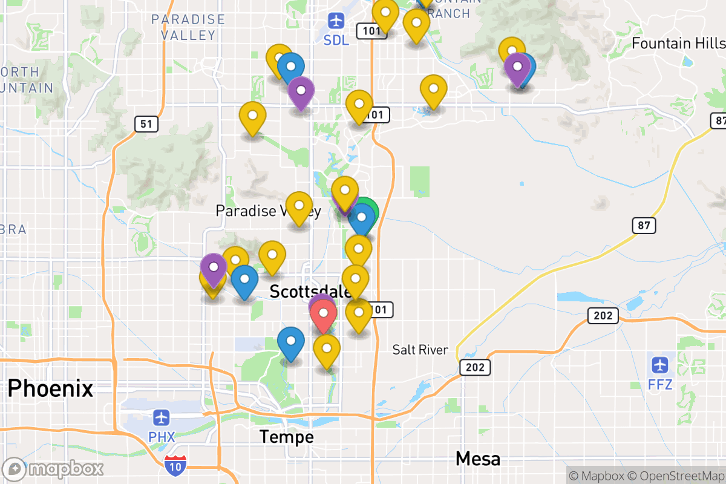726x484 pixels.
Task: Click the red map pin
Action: coord(324,315)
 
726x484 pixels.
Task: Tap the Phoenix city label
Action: coord(50,388)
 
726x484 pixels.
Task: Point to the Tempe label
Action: coord(286,436)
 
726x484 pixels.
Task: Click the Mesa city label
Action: coord(478,459)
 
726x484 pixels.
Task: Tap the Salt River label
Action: coord(420,350)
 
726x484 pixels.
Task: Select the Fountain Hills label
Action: coord(678,44)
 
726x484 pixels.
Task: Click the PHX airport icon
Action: coord(162,417)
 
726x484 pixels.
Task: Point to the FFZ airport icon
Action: coord(660,365)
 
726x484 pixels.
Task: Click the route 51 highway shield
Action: coord(146,125)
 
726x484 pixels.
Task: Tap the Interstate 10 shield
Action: coord(175,464)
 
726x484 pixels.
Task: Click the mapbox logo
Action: coord(53,469)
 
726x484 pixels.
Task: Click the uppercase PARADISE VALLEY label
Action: coord(188,27)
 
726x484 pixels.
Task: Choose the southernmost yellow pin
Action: coord(327,350)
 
